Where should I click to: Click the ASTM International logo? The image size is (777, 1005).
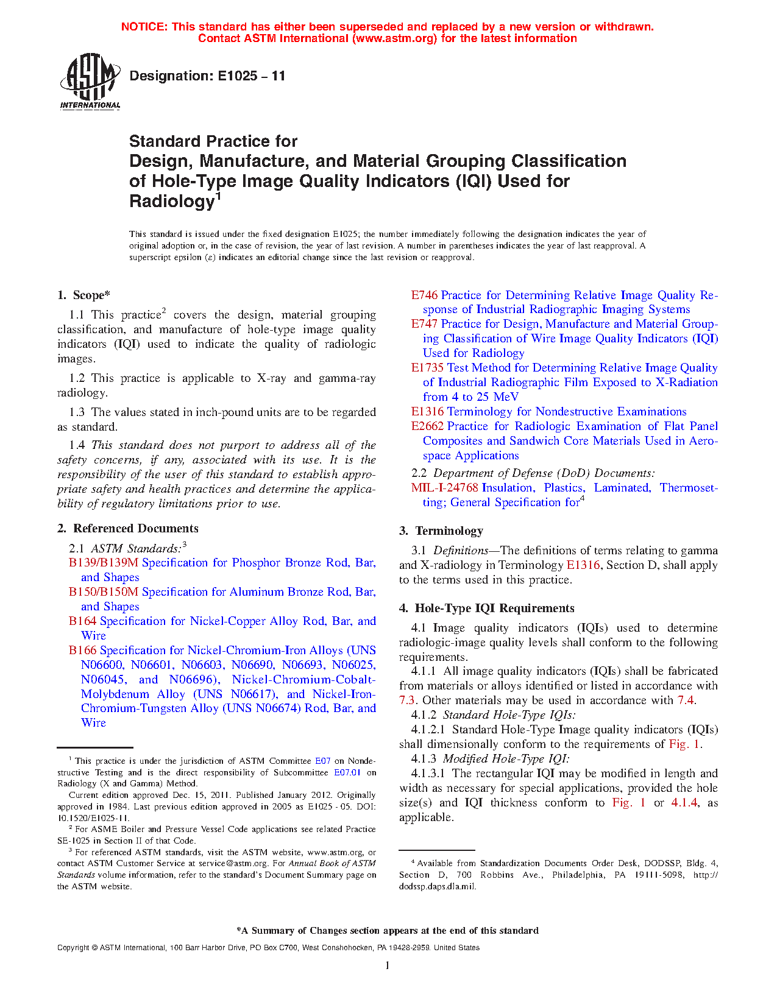[90, 81]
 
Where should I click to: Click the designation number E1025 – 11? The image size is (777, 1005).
[207, 76]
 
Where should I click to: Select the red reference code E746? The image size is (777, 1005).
[424, 295]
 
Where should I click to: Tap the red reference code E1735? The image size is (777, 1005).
[427, 368]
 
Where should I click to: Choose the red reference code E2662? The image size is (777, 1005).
[427, 426]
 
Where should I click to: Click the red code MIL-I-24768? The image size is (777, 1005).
[444, 488]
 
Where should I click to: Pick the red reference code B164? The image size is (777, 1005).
[82, 621]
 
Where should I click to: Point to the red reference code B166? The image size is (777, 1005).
[82, 651]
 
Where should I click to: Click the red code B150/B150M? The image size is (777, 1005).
[104, 592]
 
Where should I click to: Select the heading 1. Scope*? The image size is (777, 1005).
[83, 295]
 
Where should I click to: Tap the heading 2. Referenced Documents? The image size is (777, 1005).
[128, 529]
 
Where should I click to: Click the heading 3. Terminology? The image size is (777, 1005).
[441, 531]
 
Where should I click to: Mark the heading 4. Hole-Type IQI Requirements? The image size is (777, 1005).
[486, 608]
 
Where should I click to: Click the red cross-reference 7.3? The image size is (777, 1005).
[407, 700]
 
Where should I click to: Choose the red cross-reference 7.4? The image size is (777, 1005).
[686, 700]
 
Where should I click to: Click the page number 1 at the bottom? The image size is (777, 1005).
[388, 965]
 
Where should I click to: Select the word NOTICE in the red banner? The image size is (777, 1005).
[143, 27]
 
